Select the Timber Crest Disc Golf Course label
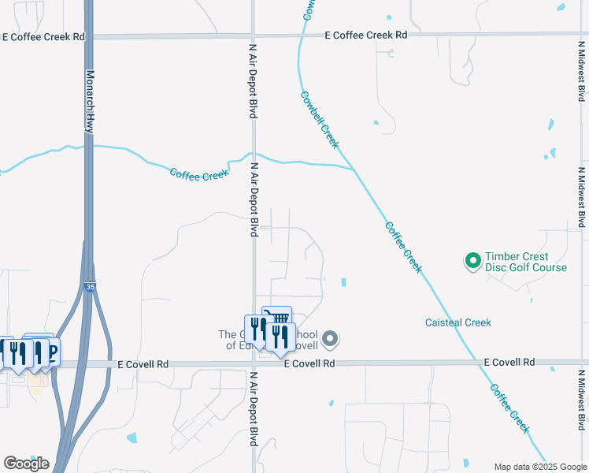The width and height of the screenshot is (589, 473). click(x=525, y=262)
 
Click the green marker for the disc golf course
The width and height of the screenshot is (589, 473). click(x=472, y=259)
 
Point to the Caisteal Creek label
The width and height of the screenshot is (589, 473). click(x=457, y=322)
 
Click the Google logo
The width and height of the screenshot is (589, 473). click(x=25, y=463)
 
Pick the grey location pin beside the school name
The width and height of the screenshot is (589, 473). click(x=331, y=340)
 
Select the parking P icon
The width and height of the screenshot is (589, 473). click(x=50, y=351)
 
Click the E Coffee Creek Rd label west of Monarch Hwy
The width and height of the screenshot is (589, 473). click(x=43, y=36)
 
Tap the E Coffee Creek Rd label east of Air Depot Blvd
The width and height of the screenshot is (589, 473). click(x=367, y=35)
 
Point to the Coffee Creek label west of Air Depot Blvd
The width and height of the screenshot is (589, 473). click(x=199, y=173)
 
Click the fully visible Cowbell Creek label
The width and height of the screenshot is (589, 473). click(x=320, y=120)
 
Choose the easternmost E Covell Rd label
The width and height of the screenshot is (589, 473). click(x=509, y=362)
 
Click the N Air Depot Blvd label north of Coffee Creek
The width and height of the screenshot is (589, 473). click(x=254, y=81)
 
